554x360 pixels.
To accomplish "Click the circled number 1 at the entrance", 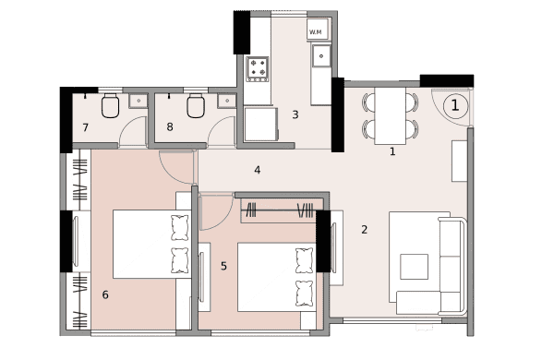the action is point(455,105).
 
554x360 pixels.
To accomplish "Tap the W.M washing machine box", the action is point(318,29).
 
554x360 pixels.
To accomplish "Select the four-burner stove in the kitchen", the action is point(258,69).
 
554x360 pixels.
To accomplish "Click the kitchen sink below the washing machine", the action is point(321,55).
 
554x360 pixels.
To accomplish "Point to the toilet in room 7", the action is point(110,105).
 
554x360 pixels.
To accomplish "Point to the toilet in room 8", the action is point(196,105).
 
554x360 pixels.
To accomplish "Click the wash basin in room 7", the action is point(138,101).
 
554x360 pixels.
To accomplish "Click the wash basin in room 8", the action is point(227,101).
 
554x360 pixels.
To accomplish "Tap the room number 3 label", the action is point(295,114).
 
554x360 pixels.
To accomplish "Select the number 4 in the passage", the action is point(258,170).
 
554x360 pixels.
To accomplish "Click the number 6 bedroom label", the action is point(105,294).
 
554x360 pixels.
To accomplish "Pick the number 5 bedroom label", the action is point(223,266).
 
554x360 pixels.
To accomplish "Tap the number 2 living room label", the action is point(365,230).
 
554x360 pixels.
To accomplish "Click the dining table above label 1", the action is point(390,116).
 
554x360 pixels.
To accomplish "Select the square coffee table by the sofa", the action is point(414,267).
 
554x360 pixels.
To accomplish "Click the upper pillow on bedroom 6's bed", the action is point(180,228).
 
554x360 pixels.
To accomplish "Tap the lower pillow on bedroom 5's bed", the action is point(304,294).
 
